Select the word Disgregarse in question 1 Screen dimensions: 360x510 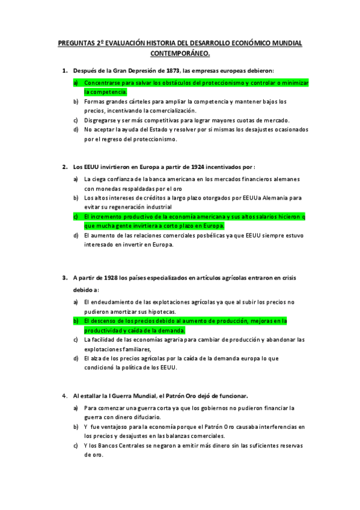[x=103, y=120]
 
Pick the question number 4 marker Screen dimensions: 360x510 [x=64, y=396]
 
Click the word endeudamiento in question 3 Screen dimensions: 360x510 [x=113, y=301]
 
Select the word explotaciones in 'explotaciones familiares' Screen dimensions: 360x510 [x=104, y=349]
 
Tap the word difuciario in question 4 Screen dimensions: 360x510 [x=144, y=416]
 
